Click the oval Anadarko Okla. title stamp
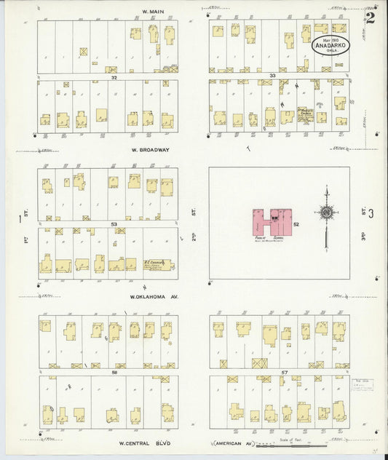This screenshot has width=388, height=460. coord(330,44)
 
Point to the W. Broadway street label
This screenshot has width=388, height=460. coord(150,150)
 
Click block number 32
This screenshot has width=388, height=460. coord(114,76)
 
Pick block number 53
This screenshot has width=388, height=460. coord(114,224)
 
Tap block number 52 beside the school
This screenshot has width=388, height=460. coord(296,224)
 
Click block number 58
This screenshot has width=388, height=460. coord(115,371)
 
